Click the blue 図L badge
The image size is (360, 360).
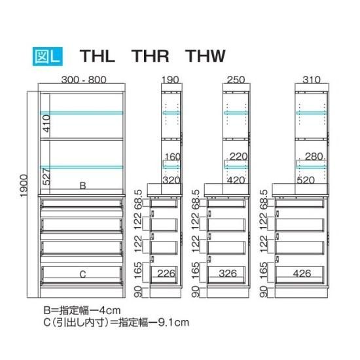tap(48, 56)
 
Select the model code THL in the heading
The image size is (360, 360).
tap(97, 56)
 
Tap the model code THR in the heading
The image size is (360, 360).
tap(150, 56)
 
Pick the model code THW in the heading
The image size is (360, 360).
tap(206, 56)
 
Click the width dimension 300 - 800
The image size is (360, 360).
tap(84, 80)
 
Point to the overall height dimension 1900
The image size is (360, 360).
tap(24, 186)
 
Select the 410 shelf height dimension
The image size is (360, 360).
tap(46, 124)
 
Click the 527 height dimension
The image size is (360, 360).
tap(46, 177)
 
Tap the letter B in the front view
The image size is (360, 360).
tap(82, 185)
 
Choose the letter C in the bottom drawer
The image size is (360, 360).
tap(82, 274)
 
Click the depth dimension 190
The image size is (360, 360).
tap(170, 80)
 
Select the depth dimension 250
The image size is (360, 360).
tap(236, 80)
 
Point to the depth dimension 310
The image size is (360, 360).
tap(312, 80)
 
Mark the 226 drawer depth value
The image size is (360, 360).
tap(166, 274)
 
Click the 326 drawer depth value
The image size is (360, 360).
tap(228, 274)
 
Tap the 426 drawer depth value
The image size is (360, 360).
tap(302, 274)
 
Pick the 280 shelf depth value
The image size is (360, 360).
tap(314, 156)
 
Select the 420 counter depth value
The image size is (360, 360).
tap(236, 180)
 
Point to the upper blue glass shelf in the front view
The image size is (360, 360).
tap(82, 113)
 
